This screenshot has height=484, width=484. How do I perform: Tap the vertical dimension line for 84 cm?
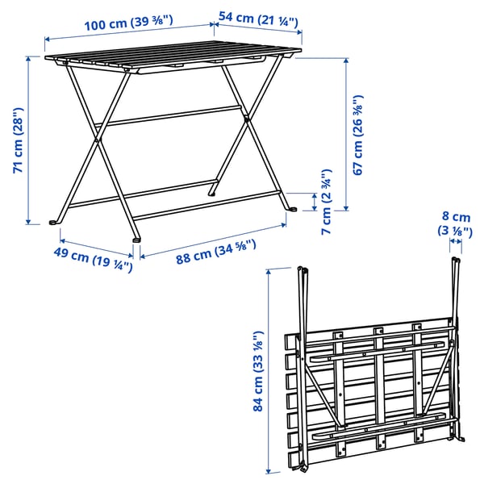(269, 372)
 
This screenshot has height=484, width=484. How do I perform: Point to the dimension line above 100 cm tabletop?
(129, 36)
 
